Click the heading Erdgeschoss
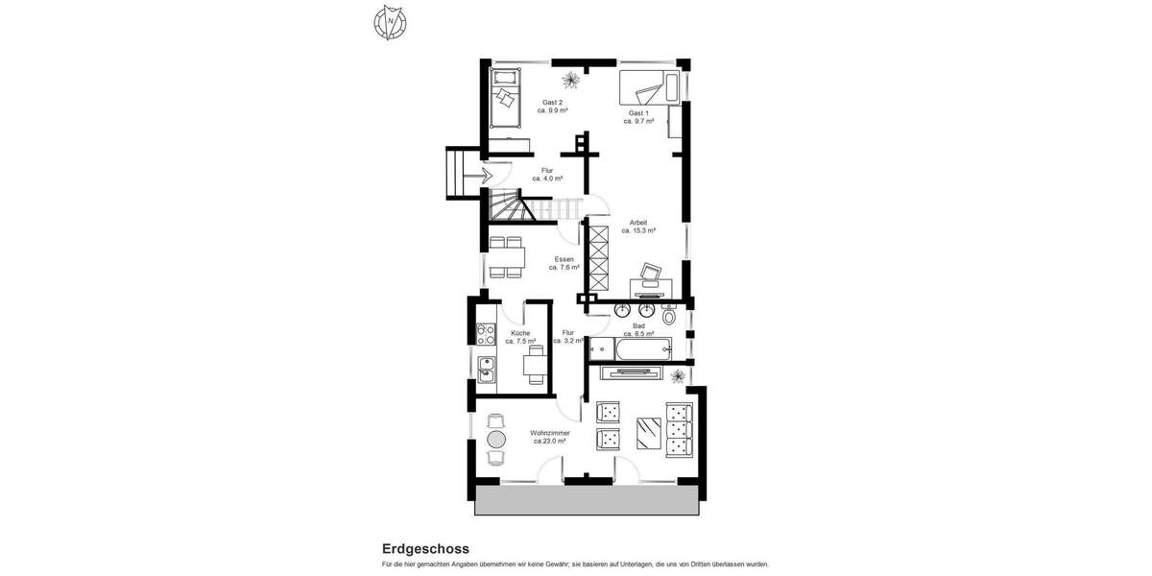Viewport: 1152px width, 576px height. [425, 549]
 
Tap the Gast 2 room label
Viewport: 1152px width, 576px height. [552, 102]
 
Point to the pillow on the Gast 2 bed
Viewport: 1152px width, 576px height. [504, 96]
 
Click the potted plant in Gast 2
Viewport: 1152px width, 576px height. [571, 76]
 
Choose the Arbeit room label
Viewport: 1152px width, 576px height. [638, 223]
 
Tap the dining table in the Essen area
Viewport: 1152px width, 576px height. [505, 256]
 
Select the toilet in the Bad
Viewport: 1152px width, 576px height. [670, 315]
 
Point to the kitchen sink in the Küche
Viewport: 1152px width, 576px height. [486, 369]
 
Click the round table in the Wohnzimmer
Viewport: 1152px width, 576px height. [496, 439]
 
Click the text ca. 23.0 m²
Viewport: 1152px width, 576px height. [552, 441]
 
